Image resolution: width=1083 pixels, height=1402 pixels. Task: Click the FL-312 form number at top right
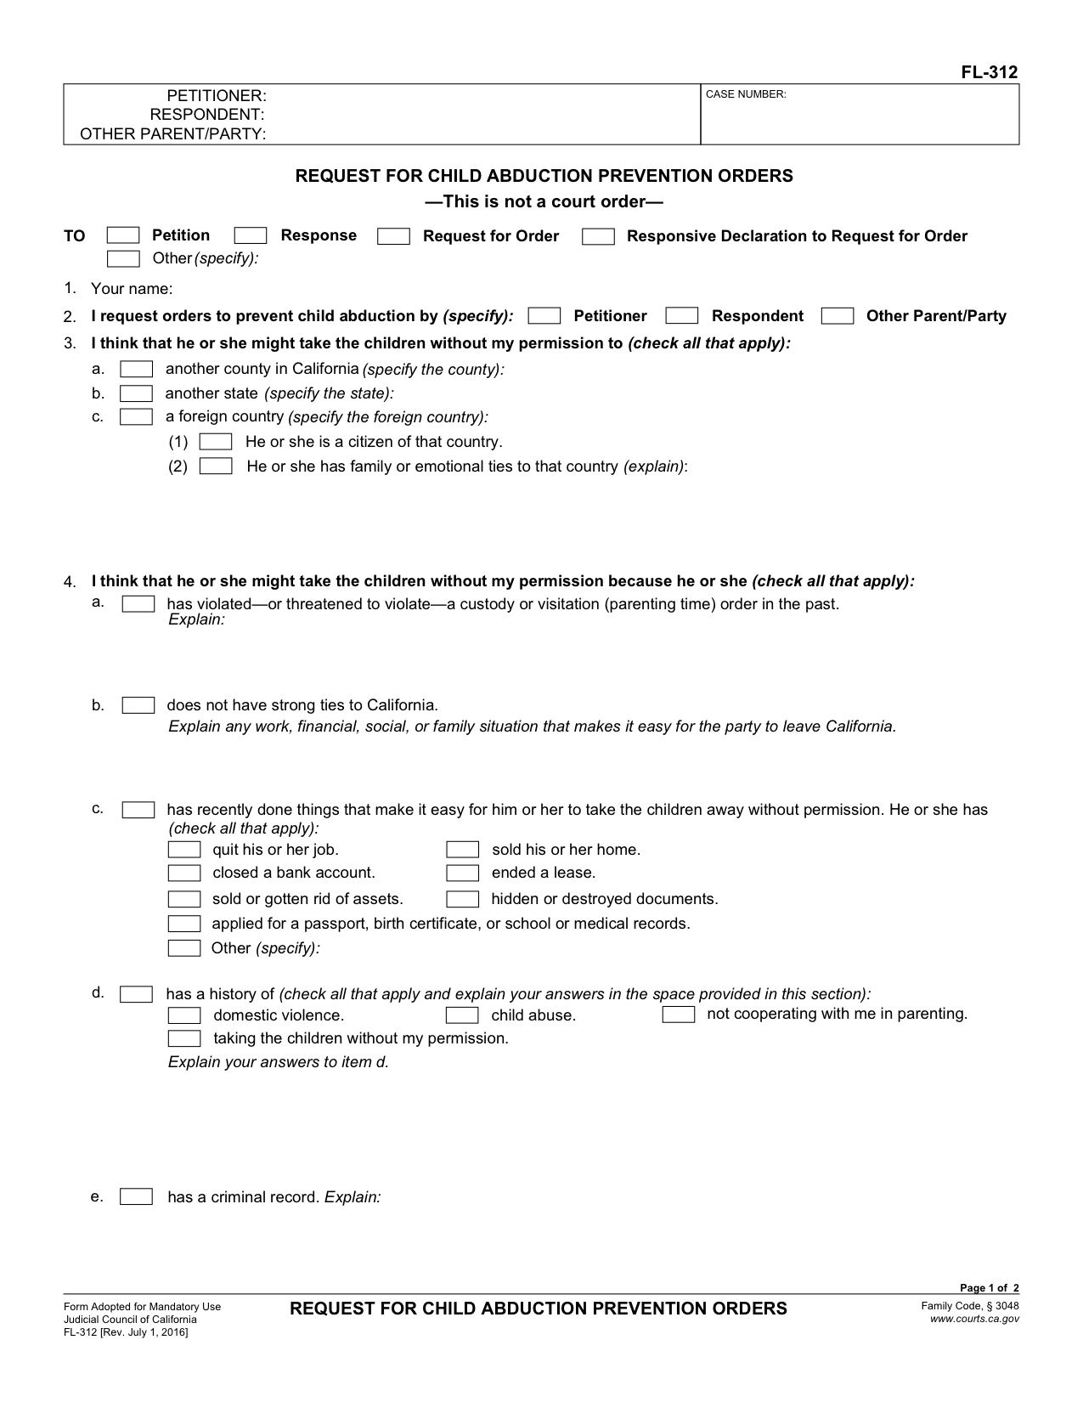point(989,72)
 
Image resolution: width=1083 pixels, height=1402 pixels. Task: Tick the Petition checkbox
point(123,236)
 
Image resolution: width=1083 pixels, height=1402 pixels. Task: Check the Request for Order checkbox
point(393,236)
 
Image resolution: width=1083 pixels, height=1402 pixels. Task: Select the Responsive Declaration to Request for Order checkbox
point(598,237)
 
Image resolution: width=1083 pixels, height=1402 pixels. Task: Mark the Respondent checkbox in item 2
point(681,316)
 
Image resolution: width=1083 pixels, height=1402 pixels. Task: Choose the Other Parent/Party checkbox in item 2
point(838,316)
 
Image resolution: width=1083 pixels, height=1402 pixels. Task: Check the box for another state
point(136,393)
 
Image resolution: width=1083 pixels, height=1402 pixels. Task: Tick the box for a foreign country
point(136,417)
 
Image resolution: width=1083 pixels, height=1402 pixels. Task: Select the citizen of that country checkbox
point(216,442)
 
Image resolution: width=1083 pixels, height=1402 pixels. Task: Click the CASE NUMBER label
point(746,94)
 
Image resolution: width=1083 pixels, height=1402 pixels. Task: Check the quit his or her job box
point(184,850)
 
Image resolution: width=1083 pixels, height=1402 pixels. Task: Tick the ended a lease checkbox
point(463,873)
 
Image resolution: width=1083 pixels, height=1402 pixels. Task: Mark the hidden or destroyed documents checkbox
point(463,899)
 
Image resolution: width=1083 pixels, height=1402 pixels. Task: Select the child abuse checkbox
point(462,1015)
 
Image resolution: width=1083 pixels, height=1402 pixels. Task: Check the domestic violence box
point(184,1015)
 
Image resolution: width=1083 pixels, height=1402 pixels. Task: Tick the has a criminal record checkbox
point(136,1197)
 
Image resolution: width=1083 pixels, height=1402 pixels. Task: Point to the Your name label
point(132,289)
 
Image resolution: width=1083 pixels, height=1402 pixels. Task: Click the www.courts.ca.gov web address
point(974,1319)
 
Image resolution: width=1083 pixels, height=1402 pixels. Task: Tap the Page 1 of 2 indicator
point(989,1288)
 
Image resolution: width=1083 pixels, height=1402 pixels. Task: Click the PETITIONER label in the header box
point(217,96)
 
